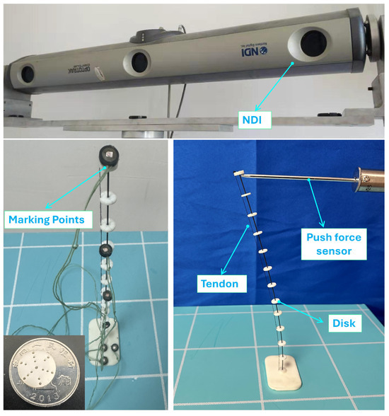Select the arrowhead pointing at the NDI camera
pyautogui.click(x=292, y=63)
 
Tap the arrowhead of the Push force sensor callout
pyautogui.click(x=308, y=181)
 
